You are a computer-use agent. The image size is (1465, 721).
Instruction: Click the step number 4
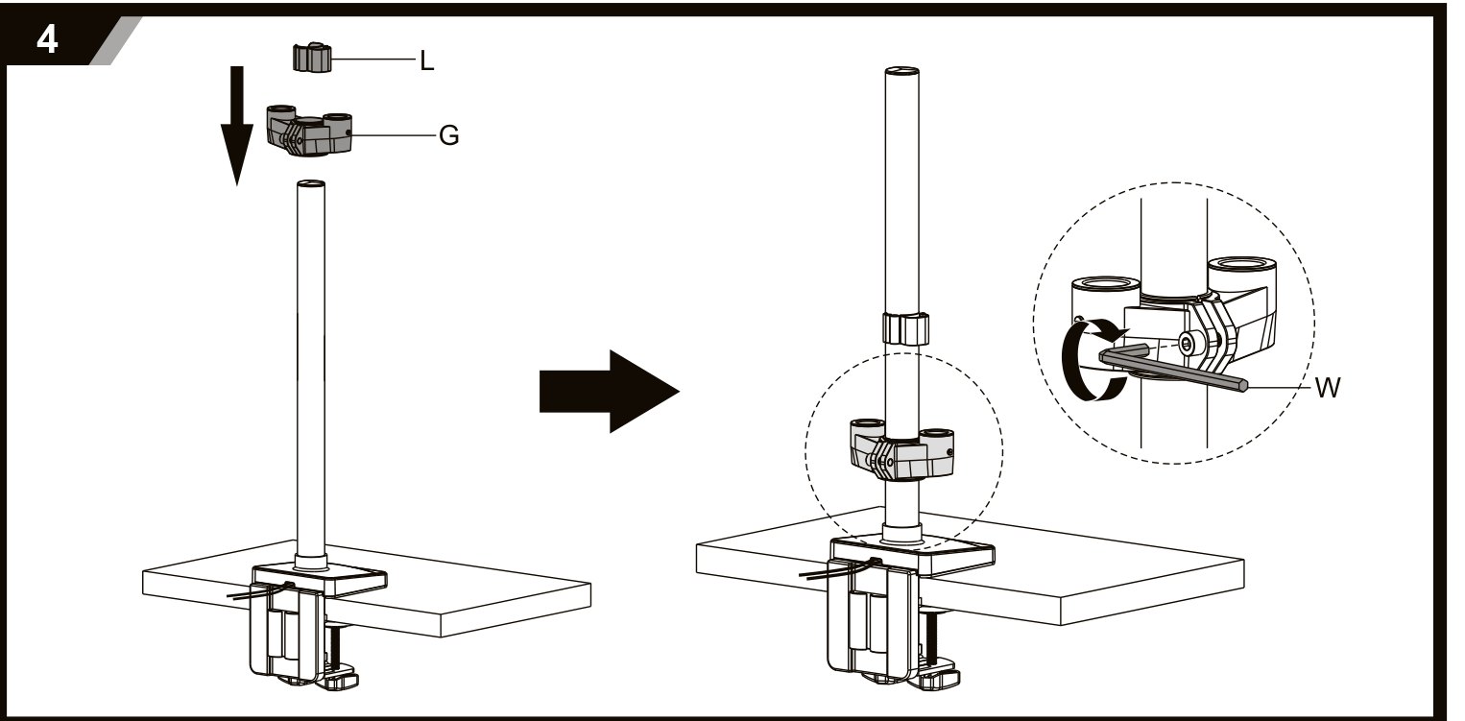(47, 40)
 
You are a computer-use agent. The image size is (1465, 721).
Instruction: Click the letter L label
(426, 60)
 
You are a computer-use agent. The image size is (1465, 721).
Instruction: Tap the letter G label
(448, 135)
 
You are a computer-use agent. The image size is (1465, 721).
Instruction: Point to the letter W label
(1328, 387)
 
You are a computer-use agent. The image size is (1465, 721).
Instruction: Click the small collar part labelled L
(311, 57)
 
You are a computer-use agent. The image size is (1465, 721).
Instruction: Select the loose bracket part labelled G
(309, 130)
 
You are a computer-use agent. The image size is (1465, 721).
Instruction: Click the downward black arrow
(236, 125)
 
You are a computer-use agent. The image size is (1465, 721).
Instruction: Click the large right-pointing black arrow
(609, 392)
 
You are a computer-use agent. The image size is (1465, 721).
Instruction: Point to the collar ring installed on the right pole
(906, 328)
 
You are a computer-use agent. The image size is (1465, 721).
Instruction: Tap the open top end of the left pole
(311, 184)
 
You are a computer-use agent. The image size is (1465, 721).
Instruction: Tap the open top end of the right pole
(901, 71)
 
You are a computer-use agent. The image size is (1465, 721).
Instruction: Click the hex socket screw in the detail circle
(1187, 343)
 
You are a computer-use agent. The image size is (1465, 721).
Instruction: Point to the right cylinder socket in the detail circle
(1242, 274)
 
